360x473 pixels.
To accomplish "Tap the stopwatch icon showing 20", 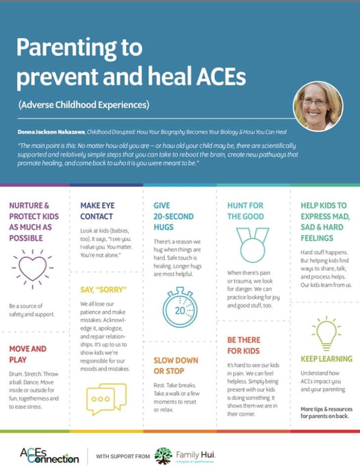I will click(180, 308).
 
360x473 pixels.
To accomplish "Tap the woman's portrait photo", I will click(317, 106).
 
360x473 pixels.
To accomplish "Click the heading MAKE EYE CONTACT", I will click(96, 211).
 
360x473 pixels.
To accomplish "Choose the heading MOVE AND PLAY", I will click(28, 354).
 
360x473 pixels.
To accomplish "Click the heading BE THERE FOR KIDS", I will click(244, 345).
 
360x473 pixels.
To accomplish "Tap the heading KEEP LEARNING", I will click(326, 359).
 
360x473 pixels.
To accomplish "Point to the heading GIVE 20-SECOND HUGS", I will click(173, 216).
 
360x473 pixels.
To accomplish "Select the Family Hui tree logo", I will click(163, 456).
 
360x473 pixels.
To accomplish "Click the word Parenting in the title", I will click(79, 48).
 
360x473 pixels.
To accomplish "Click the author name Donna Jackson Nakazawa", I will click(53, 132).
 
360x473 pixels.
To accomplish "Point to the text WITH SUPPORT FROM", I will click(121, 456).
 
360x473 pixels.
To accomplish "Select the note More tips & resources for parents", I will click(326, 412).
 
